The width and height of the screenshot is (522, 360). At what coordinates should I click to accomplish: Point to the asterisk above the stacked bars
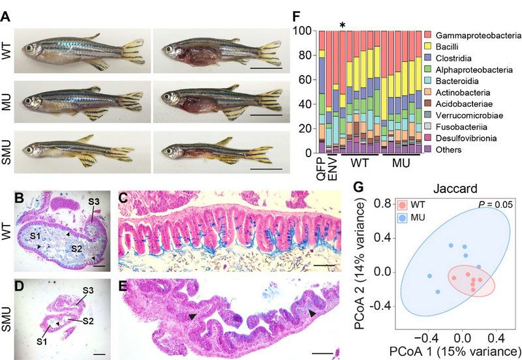click(x=343, y=25)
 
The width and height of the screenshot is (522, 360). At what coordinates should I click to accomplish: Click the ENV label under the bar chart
click(x=331, y=167)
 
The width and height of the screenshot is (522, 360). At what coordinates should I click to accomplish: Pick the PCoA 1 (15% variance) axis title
click(x=442, y=353)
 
